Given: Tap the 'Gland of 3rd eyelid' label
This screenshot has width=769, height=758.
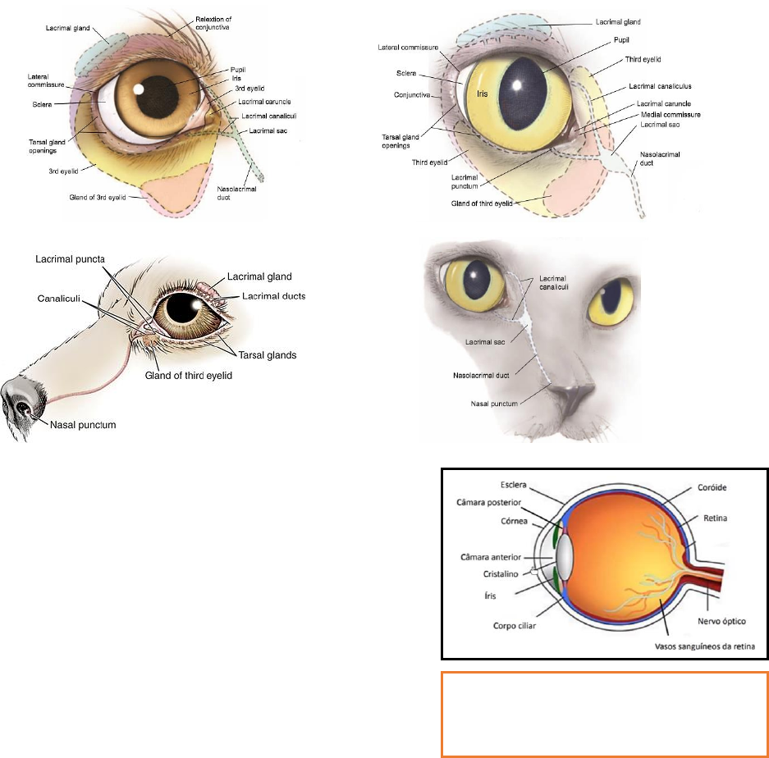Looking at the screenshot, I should point(101,198).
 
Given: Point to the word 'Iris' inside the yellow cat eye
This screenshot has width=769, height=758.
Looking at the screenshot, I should point(483,94).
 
